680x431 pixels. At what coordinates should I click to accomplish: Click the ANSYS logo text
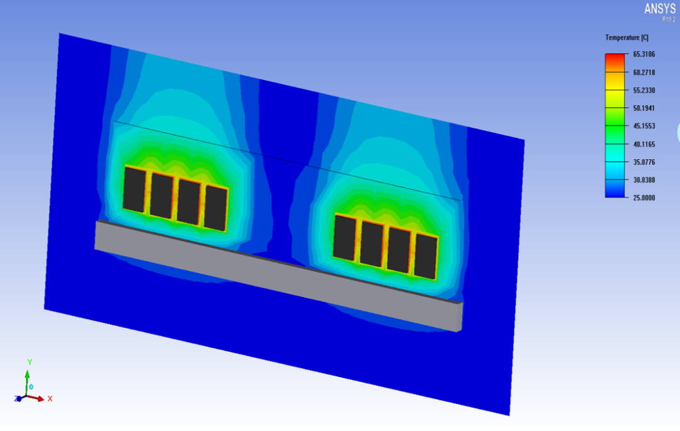pos(660,8)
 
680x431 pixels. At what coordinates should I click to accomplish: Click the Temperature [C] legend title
pos(626,38)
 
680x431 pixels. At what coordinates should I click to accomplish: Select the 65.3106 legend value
pos(644,54)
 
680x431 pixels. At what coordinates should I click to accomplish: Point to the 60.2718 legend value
pos(644,72)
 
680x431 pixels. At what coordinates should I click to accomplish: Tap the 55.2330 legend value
pos(644,90)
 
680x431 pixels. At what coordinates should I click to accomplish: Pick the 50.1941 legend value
pos(644,108)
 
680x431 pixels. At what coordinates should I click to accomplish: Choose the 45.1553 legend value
pos(644,126)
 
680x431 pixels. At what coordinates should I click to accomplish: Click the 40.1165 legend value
pos(644,144)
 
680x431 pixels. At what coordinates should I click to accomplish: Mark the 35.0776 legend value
pos(644,162)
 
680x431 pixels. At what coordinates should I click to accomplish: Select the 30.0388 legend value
pos(644,180)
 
